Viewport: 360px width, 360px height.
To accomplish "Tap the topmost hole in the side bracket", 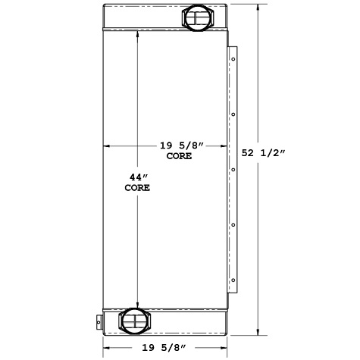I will tap(234, 60).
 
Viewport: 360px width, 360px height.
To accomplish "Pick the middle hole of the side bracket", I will tap(234, 170).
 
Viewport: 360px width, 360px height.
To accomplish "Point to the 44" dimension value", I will tap(137, 177).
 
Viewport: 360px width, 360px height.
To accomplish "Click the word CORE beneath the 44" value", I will tap(137, 187).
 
